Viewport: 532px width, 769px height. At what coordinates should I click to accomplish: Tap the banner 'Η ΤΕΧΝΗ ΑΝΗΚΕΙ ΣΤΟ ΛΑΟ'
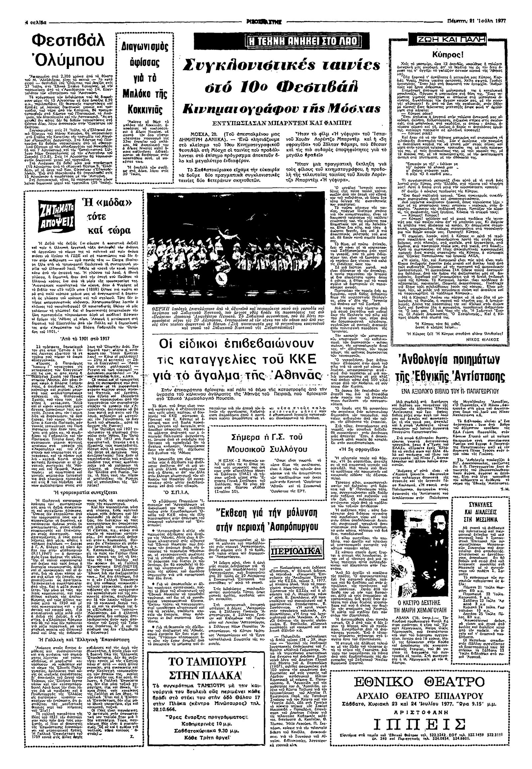tap(302, 42)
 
